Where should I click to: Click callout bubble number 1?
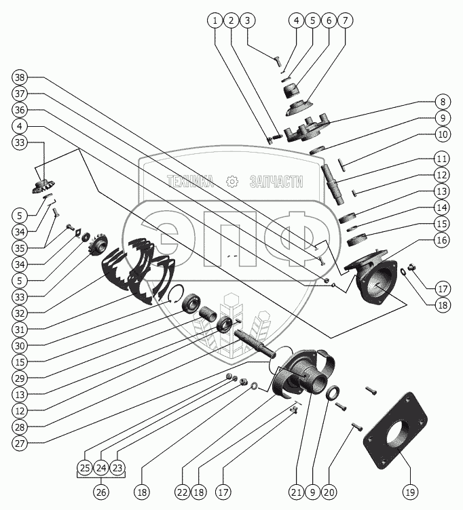[216, 20]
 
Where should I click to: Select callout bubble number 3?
[248, 20]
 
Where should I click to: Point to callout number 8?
[442, 102]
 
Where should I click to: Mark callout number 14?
[442, 208]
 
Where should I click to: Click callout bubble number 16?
[442, 240]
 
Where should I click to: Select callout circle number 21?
[295, 491]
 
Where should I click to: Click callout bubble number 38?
[20, 77]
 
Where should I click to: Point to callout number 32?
[20, 314]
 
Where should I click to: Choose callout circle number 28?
[20, 427]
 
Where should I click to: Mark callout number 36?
[20, 110]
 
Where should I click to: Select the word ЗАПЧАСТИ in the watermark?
[276, 181]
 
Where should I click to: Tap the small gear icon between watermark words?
[232, 181]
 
